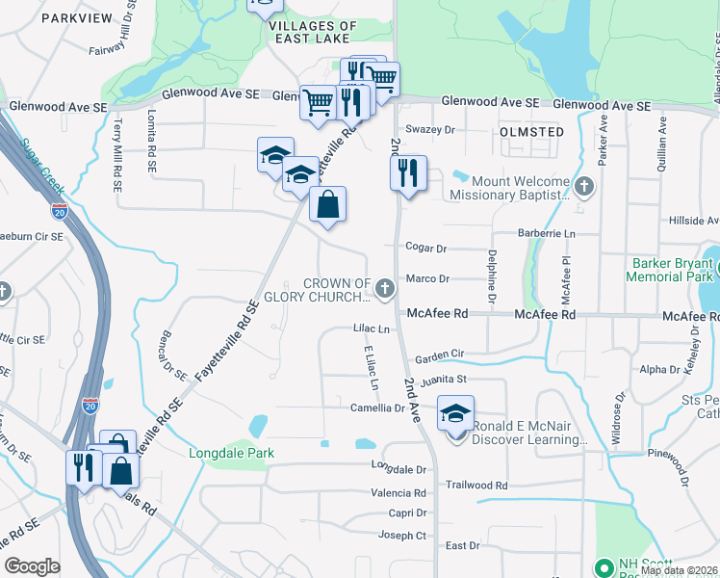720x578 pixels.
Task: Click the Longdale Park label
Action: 231,453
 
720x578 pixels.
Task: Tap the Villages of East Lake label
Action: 299,32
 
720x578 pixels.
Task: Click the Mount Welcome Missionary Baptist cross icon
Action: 583,185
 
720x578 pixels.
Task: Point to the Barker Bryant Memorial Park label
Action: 671,269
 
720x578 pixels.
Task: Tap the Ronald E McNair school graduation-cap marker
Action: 456,414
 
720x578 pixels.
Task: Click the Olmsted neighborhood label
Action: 531,131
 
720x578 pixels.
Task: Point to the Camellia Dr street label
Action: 377,408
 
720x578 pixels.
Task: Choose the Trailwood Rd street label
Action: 476,486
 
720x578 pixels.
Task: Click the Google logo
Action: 33,566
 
